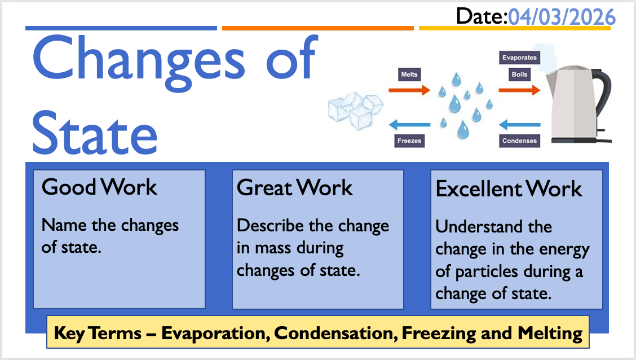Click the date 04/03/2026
pyautogui.click(x=562, y=17)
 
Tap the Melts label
pyautogui.click(x=409, y=74)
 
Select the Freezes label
pyautogui.click(x=409, y=141)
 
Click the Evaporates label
pyautogui.click(x=519, y=58)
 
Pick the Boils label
pyautogui.click(x=519, y=74)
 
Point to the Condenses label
pyautogui.click(x=519, y=141)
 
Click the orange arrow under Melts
pyautogui.click(x=409, y=90)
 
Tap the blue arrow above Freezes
pyautogui.click(x=409, y=124)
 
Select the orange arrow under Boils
pyautogui.click(x=519, y=90)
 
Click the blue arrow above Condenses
pyautogui.click(x=519, y=124)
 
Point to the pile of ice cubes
pyautogui.click(x=355, y=111)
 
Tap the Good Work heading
pyautogui.click(x=99, y=187)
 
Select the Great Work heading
pyautogui.click(x=294, y=187)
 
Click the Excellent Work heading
pyautogui.click(x=509, y=188)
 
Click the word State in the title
pyautogui.click(x=95, y=133)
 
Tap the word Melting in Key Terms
pyautogui.click(x=550, y=333)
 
